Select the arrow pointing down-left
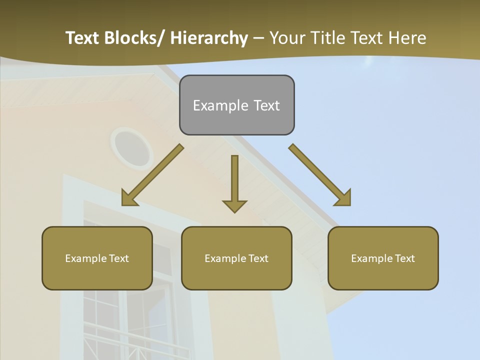pyautogui.click(x=152, y=175)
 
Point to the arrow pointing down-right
pyautogui.click(x=320, y=175)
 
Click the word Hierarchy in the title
pyautogui.click(x=208, y=38)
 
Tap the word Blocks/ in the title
pyautogui.click(x=131, y=38)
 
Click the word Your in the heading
pyautogui.click(x=286, y=38)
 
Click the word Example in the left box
pyautogui.click(x=86, y=258)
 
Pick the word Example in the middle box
pyautogui.click(x=225, y=258)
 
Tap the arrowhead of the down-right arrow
pyautogui.click(x=343, y=198)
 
